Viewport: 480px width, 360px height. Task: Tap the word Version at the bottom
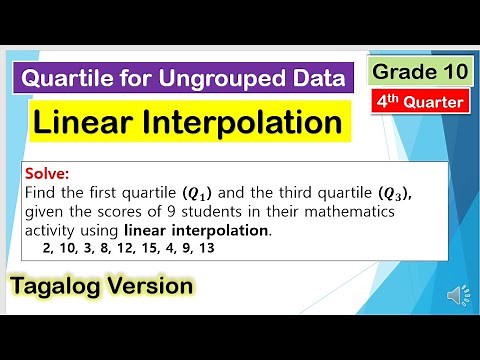(x=151, y=286)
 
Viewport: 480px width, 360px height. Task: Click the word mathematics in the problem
(x=320, y=211)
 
